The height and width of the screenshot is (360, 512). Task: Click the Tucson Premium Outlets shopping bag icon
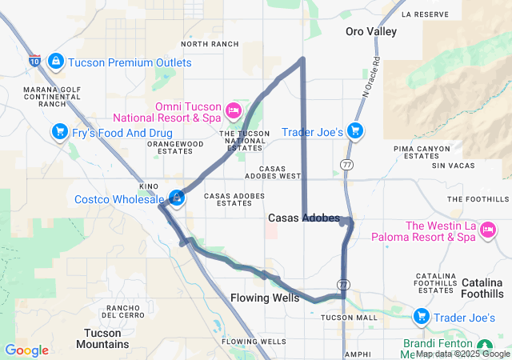(55, 62)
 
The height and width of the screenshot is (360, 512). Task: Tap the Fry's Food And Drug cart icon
(58, 132)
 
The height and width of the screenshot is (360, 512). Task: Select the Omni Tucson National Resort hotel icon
(234, 109)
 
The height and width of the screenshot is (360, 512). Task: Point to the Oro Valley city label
(370, 32)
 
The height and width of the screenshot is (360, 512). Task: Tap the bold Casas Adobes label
(303, 218)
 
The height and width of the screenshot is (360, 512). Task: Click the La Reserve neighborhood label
(425, 14)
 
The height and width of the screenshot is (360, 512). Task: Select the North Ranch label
(210, 44)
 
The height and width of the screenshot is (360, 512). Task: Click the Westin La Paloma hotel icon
(487, 230)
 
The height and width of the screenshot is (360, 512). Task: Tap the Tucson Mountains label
(106, 338)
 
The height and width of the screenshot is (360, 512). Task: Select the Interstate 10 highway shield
(34, 59)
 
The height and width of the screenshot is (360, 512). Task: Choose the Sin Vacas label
(447, 166)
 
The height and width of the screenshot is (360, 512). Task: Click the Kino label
(148, 186)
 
